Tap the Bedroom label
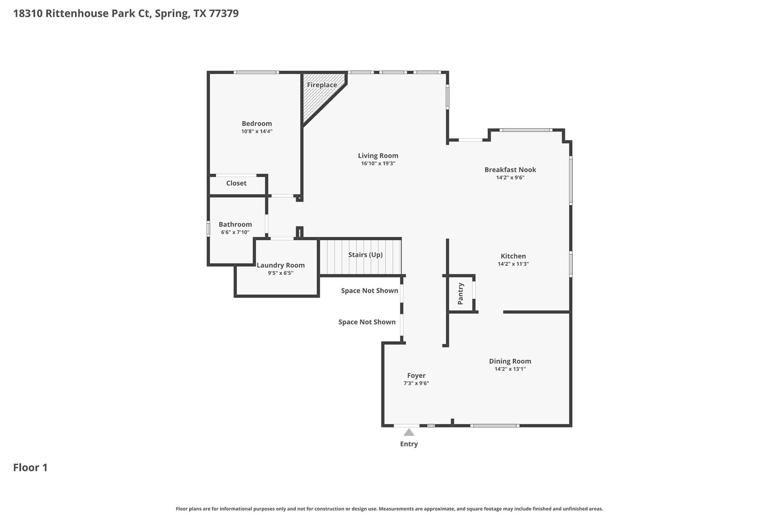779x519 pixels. pos(257,124)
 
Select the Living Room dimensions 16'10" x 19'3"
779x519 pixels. pos(378,163)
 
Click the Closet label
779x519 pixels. pos(236,183)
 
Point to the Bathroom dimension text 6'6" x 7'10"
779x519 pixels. pos(235,232)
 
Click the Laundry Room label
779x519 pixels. pos(281,265)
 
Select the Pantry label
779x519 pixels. pos(461,294)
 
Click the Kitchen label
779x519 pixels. pos(513,256)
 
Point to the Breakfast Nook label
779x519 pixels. pos(510,170)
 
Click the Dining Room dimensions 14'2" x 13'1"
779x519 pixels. pos(510,369)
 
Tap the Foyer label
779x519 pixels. pos(416,376)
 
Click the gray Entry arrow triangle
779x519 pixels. pos(409,432)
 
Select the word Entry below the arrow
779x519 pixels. pos(409,444)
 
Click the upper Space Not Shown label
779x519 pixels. pos(369,291)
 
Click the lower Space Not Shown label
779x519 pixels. pos(367,322)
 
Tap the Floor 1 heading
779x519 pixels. pos(30,468)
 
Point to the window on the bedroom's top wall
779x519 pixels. pos(256,72)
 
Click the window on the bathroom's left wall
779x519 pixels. pos(208,229)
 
